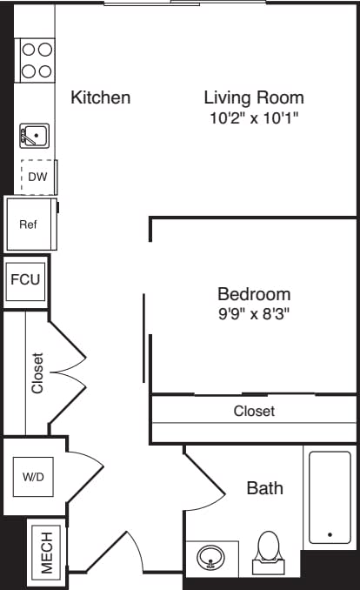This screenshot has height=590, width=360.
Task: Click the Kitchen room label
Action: [101, 97]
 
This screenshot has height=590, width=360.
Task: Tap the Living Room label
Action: [254, 97]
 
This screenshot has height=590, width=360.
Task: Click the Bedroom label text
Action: [254, 294]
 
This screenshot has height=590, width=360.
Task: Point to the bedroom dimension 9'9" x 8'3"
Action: [254, 313]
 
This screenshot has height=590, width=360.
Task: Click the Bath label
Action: [264, 488]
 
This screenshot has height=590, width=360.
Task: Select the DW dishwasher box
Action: [38, 178]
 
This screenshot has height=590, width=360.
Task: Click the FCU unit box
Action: [24, 281]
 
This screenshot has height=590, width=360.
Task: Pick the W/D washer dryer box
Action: [34, 477]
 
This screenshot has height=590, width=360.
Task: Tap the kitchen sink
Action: [35, 135]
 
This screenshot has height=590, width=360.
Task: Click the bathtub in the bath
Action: [330, 496]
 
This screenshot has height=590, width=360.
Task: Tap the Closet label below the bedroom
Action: [254, 411]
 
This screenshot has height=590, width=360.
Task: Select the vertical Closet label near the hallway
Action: [37, 372]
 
